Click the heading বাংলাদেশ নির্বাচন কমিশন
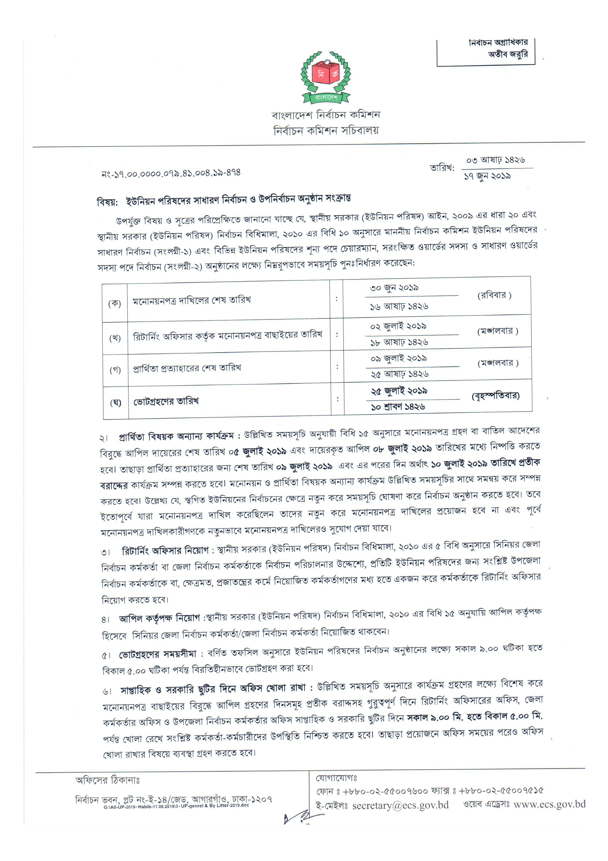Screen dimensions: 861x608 [x=326, y=115]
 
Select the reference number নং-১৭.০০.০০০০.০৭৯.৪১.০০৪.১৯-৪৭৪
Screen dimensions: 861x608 [x=171, y=173]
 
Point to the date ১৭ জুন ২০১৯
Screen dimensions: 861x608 [x=487, y=176]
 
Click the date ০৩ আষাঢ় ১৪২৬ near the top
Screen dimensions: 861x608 [x=495, y=160]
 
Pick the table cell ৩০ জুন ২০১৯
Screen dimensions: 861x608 [x=394, y=288]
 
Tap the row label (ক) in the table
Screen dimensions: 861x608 [x=115, y=303]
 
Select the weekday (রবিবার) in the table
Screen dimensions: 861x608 [x=494, y=295]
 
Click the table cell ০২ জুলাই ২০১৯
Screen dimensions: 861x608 [x=398, y=326]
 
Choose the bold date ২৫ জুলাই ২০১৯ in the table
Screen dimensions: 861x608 [x=399, y=391]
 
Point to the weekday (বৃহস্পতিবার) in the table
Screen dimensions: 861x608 [x=495, y=396]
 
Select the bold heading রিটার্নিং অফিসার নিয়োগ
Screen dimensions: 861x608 [x=165, y=551]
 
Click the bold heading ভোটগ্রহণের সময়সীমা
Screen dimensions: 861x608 [x=158, y=654]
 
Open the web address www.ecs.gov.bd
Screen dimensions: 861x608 [x=549, y=804]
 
